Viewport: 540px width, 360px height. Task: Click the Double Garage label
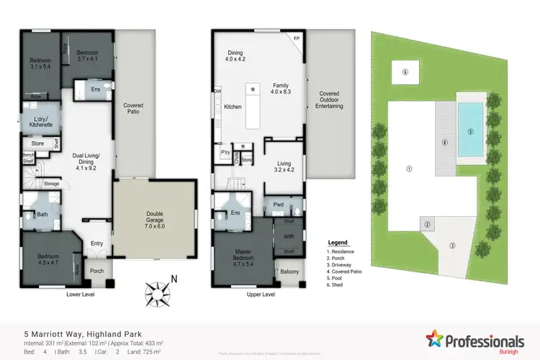155,217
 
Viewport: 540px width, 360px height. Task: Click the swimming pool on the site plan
470,131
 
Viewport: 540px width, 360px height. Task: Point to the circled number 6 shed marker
405,72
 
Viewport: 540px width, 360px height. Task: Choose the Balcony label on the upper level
289,271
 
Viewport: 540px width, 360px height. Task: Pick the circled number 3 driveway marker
452,246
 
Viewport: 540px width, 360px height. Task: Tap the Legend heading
337,243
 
